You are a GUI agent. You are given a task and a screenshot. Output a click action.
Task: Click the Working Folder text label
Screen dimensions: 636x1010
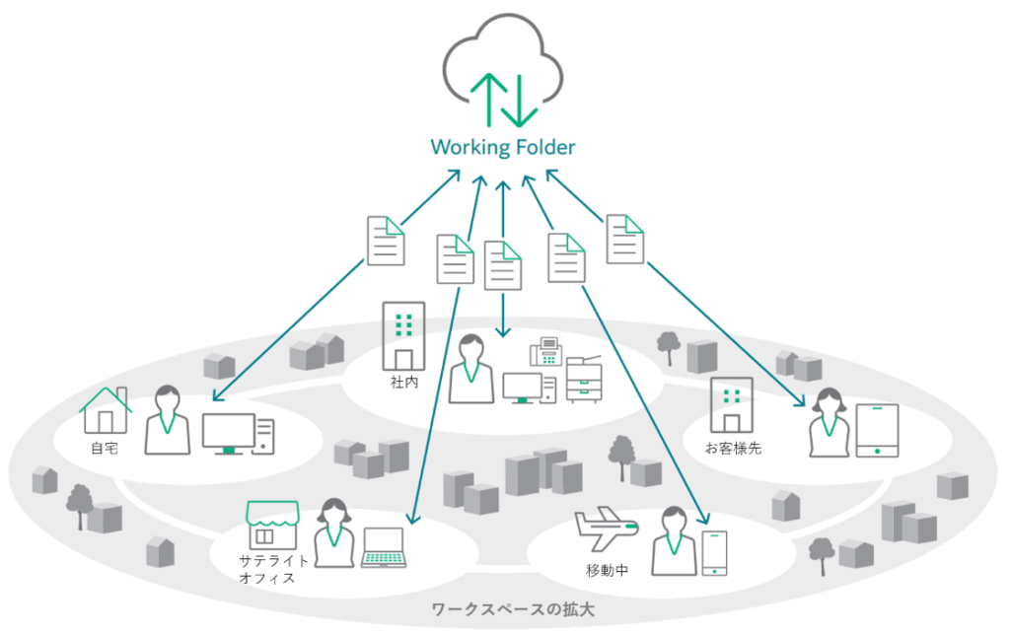(x=502, y=148)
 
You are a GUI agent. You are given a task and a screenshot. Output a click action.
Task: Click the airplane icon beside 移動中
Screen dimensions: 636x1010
(x=605, y=530)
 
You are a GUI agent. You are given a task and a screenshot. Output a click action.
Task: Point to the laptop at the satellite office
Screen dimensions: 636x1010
(x=384, y=547)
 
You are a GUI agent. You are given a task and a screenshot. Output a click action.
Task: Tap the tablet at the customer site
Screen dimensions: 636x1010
(x=877, y=430)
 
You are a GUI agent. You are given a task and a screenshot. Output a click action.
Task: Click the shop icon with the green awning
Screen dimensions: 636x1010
(x=272, y=525)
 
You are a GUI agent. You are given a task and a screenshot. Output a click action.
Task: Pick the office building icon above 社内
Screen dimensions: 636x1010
(x=402, y=335)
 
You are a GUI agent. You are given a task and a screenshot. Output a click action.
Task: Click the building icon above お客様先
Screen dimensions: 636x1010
(x=731, y=404)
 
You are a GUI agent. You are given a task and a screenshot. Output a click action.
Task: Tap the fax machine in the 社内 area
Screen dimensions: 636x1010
(x=545, y=352)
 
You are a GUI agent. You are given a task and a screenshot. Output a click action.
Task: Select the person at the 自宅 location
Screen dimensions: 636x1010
(x=167, y=420)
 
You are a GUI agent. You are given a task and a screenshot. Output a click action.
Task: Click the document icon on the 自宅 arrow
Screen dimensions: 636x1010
(x=386, y=241)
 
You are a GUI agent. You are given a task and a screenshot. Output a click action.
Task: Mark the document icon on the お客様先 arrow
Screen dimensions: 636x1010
(x=625, y=239)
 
